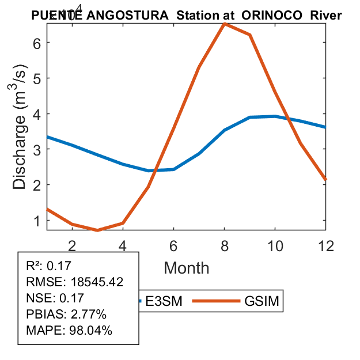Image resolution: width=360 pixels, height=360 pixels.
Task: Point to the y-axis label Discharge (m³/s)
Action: (21, 135)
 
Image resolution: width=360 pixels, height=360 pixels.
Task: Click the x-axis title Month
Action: (187, 267)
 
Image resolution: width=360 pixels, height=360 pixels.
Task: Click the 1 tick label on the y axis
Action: (37, 221)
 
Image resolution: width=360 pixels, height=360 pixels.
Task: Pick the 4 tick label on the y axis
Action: (37, 113)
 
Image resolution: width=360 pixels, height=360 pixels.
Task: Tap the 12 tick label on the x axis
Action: (326, 245)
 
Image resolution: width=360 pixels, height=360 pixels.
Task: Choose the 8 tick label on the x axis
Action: (224, 245)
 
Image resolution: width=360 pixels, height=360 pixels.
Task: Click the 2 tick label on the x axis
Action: (72, 245)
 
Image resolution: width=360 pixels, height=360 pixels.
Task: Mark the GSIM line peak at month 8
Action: (224, 24)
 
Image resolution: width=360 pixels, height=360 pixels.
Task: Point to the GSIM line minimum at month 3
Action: (98, 230)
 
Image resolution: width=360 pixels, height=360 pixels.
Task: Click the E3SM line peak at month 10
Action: (275, 116)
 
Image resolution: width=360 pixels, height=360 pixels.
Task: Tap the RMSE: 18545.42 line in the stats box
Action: (74, 282)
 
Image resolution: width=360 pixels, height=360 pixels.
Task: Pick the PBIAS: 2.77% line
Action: (66, 314)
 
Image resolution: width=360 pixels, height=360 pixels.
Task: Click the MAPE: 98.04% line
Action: (69, 331)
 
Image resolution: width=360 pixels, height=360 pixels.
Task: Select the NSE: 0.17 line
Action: (55, 298)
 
